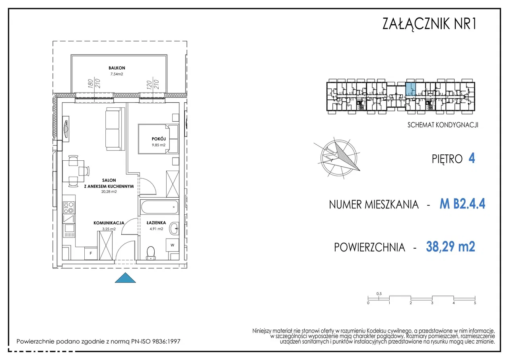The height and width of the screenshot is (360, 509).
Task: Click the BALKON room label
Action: pos(117,68)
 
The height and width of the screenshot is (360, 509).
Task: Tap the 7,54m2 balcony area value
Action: pos(117,74)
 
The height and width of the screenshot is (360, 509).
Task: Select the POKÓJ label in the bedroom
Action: pos(159,139)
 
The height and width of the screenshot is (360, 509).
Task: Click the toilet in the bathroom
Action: pos(151,253)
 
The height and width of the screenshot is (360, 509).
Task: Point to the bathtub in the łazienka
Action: pos(159,207)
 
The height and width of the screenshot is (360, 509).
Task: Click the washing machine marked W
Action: pos(173,245)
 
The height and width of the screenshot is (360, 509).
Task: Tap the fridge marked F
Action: pos(91,253)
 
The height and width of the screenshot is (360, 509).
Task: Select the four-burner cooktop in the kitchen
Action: pos(69,208)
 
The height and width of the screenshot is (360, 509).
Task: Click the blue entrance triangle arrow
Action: pos(125,278)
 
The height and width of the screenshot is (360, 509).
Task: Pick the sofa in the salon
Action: pos(115,129)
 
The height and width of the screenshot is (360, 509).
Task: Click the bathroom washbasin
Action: pos(174,228)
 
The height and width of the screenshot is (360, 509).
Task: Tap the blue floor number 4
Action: pos(472,158)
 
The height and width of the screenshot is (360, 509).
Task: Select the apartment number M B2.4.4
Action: pos(462,204)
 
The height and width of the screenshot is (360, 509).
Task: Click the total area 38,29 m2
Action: pos(451,247)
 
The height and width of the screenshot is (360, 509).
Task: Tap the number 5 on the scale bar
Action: pos(475,303)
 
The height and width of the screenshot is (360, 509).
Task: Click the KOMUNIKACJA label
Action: pos(109,223)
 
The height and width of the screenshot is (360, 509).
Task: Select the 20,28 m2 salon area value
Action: pos(109,192)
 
